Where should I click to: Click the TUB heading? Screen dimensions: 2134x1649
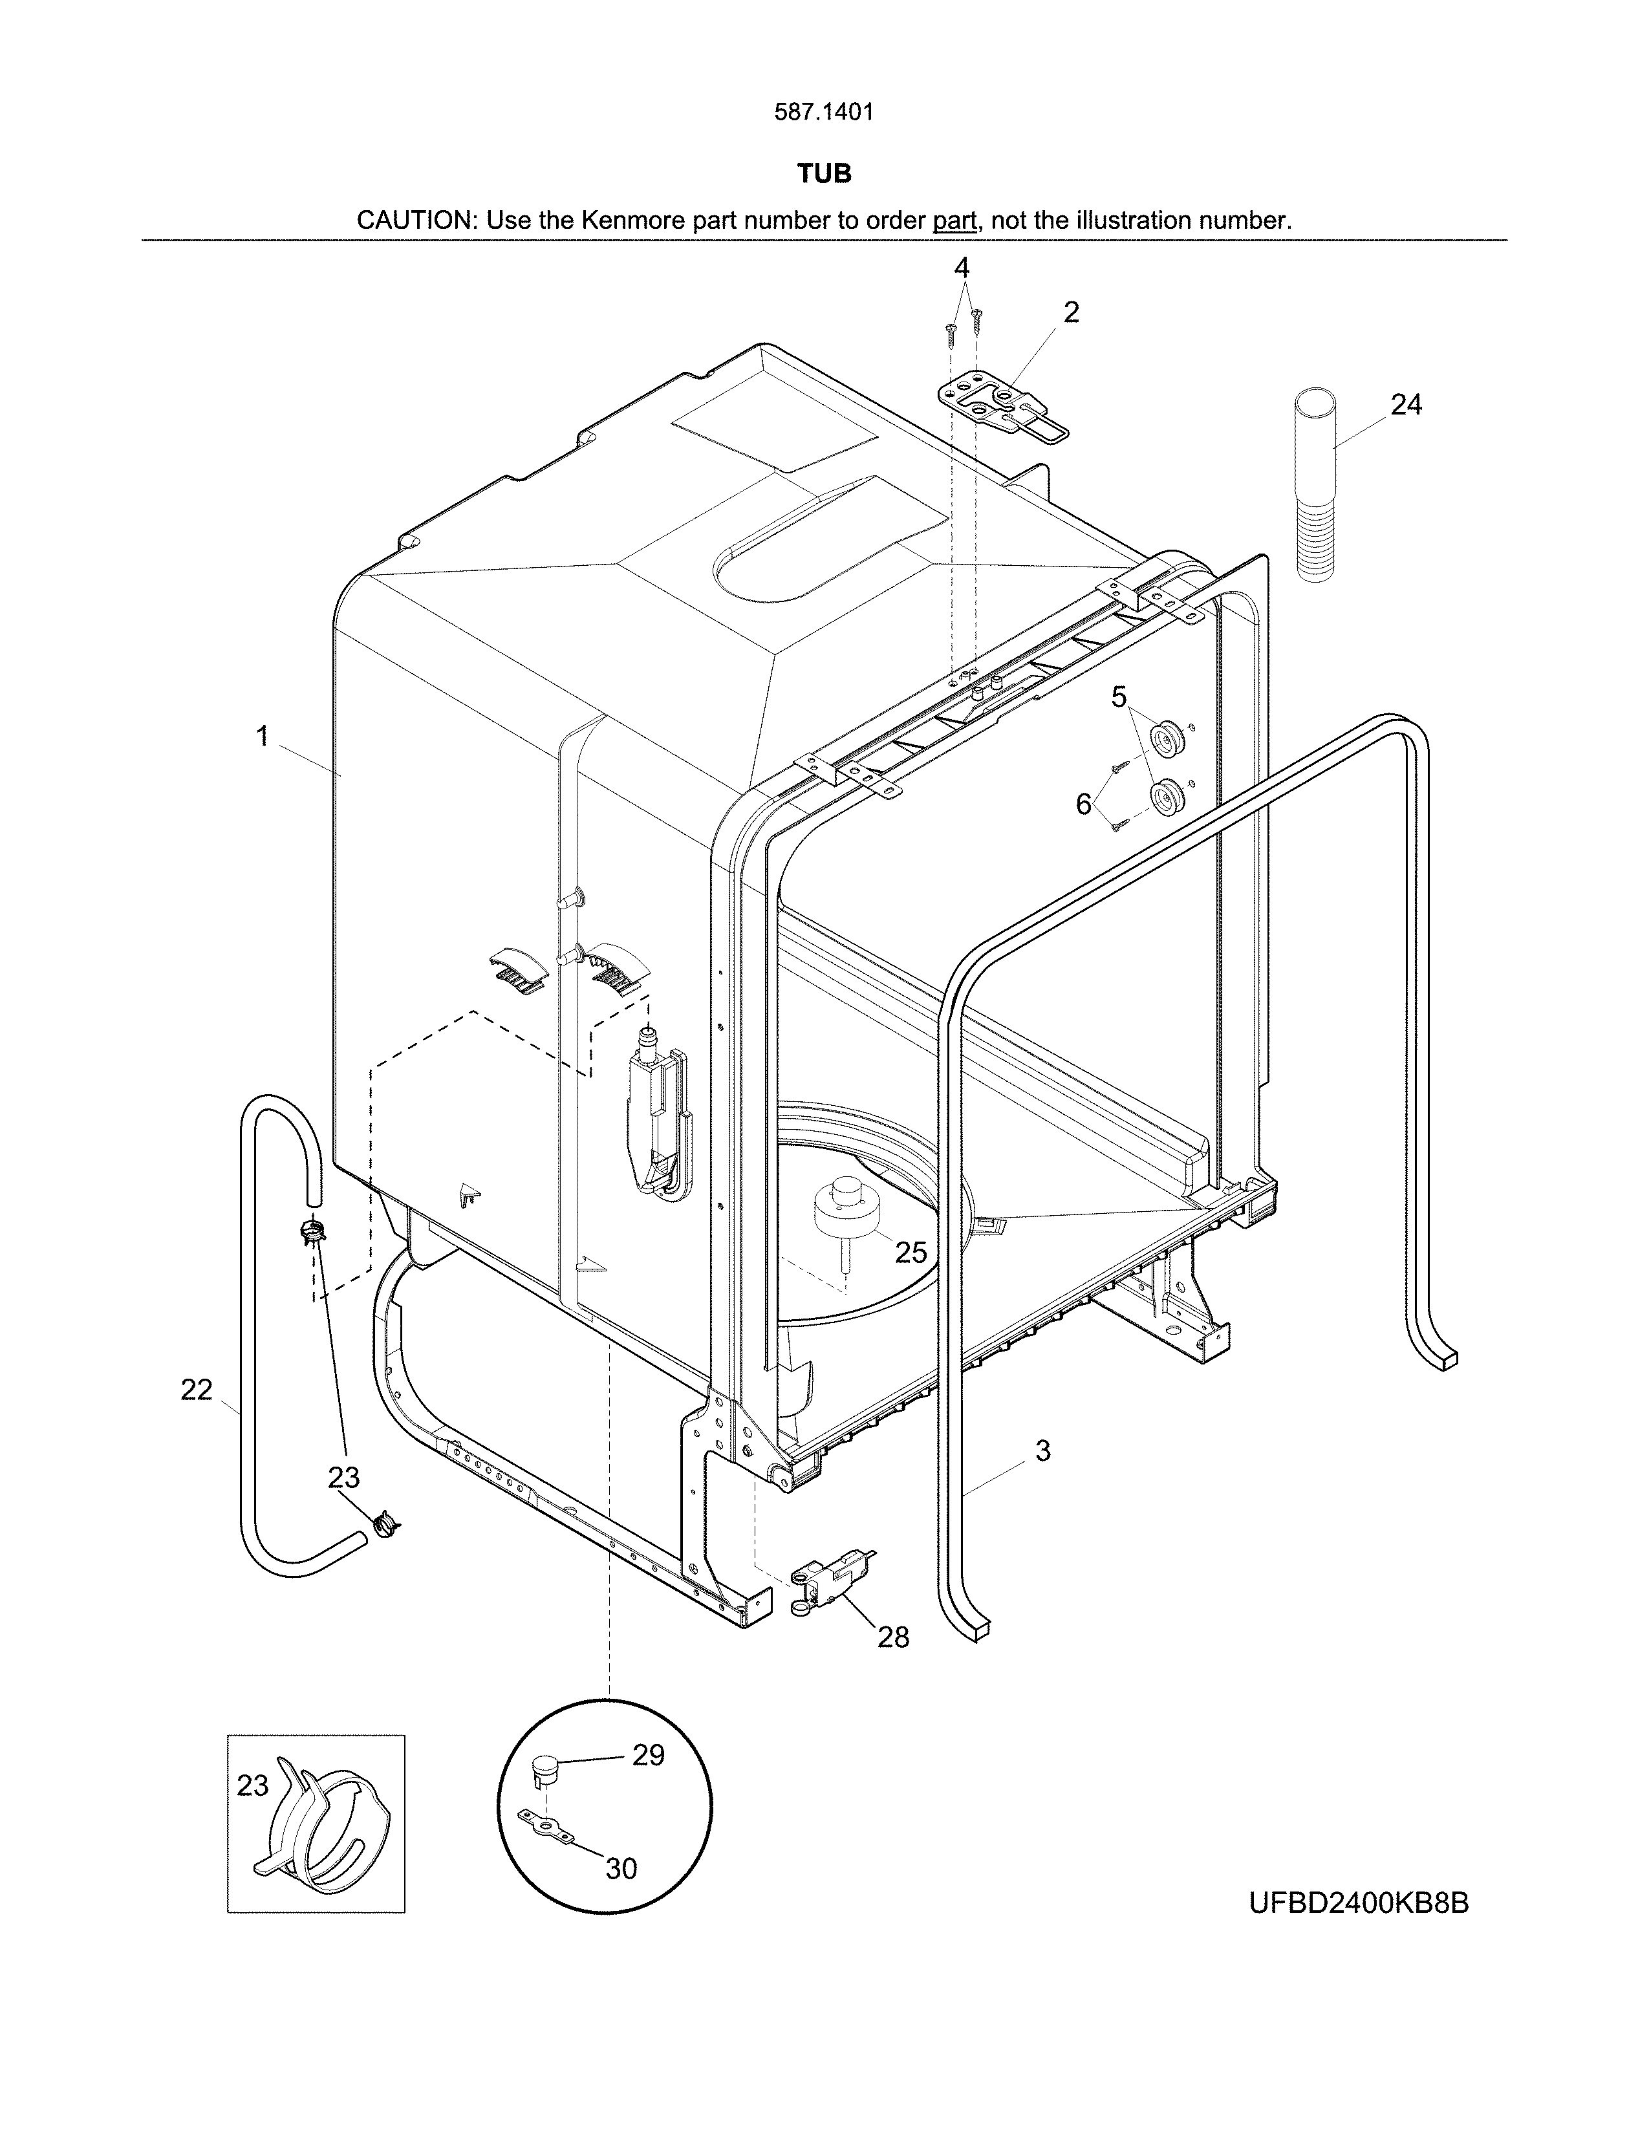click(823, 174)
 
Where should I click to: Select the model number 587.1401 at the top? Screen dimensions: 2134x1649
click(823, 113)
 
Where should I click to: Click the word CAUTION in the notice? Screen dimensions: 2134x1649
click(415, 220)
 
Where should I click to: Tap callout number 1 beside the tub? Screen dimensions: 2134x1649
click(262, 736)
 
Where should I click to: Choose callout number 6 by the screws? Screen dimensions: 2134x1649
click(1083, 804)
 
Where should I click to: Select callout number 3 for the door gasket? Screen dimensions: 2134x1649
click(1042, 1451)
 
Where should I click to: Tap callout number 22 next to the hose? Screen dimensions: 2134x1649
click(197, 1390)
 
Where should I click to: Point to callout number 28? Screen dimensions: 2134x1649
click(893, 1637)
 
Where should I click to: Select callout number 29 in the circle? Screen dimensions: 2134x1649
click(648, 1755)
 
